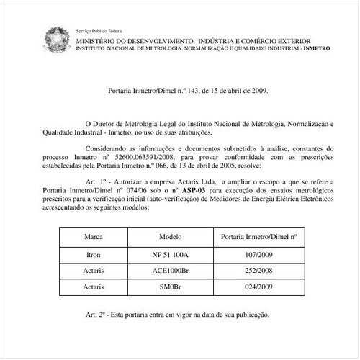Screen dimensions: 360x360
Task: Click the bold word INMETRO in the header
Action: tap(317, 50)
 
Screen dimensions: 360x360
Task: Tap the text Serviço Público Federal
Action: tap(99, 32)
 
